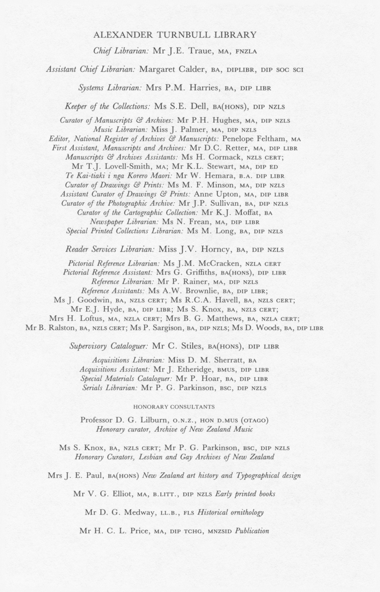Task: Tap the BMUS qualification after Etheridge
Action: coord(228,370)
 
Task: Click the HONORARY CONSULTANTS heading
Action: coord(174,407)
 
